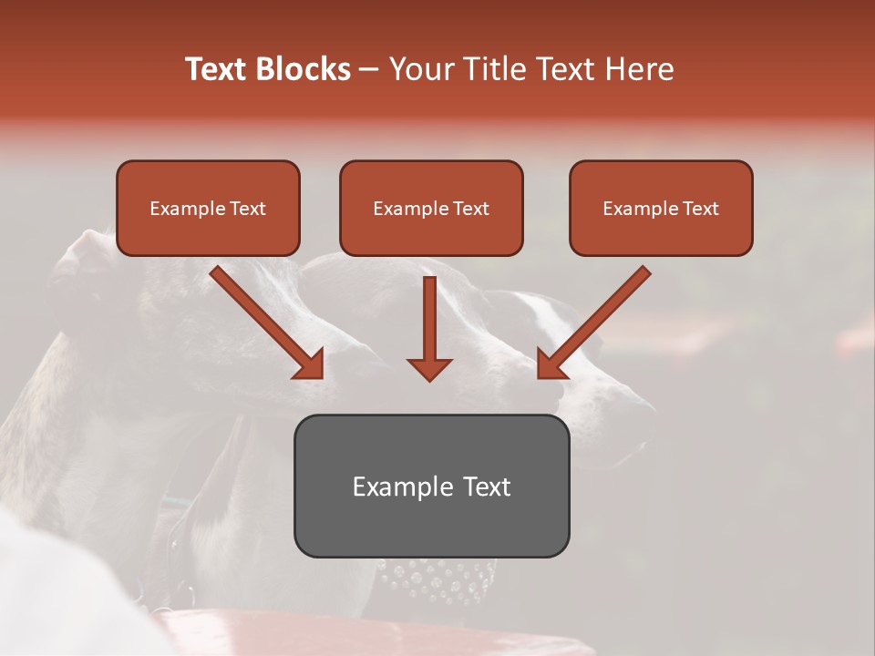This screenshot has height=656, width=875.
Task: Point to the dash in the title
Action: [369, 70]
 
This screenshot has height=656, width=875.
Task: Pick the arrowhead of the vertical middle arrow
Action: [429, 369]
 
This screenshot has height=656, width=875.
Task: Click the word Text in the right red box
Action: [700, 209]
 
